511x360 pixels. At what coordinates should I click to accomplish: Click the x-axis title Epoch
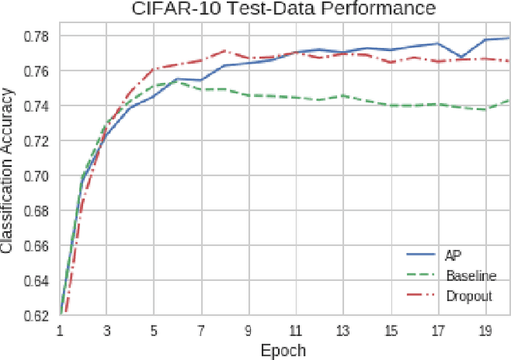(x=284, y=350)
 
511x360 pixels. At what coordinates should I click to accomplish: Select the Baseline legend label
(x=470, y=275)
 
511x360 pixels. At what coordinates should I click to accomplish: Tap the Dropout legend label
(x=469, y=295)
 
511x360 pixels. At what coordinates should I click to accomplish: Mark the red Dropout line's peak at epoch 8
(x=225, y=50)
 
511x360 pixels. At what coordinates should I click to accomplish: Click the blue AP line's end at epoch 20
(x=509, y=38)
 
